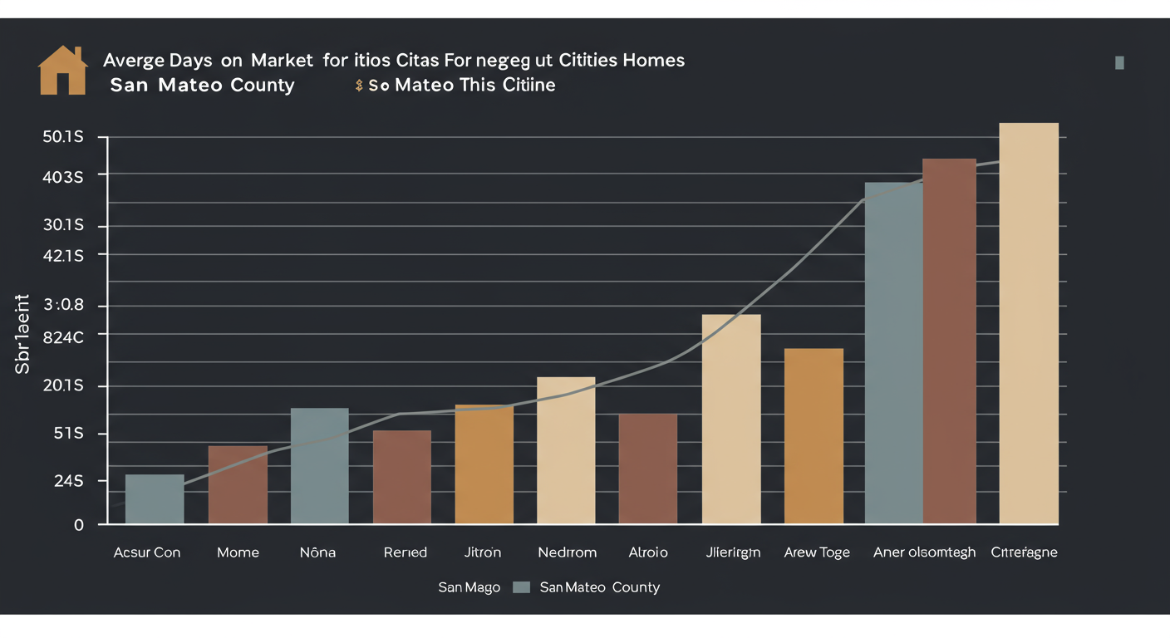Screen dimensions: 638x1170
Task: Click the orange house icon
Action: tap(63, 71)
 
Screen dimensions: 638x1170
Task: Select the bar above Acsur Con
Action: tap(155, 498)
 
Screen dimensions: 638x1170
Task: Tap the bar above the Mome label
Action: tap(238, 484)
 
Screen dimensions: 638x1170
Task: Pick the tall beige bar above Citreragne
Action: tap(1028, 323)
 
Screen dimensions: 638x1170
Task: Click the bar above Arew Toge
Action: tap(814, 435)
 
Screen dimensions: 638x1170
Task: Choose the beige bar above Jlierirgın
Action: tap(731, 419)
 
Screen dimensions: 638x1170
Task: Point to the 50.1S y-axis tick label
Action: tap(63, 137)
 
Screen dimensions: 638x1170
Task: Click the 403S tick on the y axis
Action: tap(63, 177)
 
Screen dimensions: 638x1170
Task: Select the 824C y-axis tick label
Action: tap(63, 337)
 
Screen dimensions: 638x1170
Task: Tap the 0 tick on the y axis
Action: tap(79, 525)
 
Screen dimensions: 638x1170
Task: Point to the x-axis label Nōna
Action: tap(317, 552)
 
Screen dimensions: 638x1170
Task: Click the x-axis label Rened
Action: tap(406, 552)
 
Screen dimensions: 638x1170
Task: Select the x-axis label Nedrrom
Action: tap(568, 552)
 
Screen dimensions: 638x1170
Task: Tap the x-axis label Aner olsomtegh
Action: tap(924, 552)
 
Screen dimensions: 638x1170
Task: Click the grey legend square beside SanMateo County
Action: tap(522, 587)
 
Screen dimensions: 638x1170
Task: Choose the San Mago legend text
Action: tap(469, 587)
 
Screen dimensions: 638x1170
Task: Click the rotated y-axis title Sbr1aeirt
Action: tap(22, 334)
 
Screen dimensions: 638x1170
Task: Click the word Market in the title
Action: tap(276, 61)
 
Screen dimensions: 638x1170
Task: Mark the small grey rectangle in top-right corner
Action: tap(1119, 62)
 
